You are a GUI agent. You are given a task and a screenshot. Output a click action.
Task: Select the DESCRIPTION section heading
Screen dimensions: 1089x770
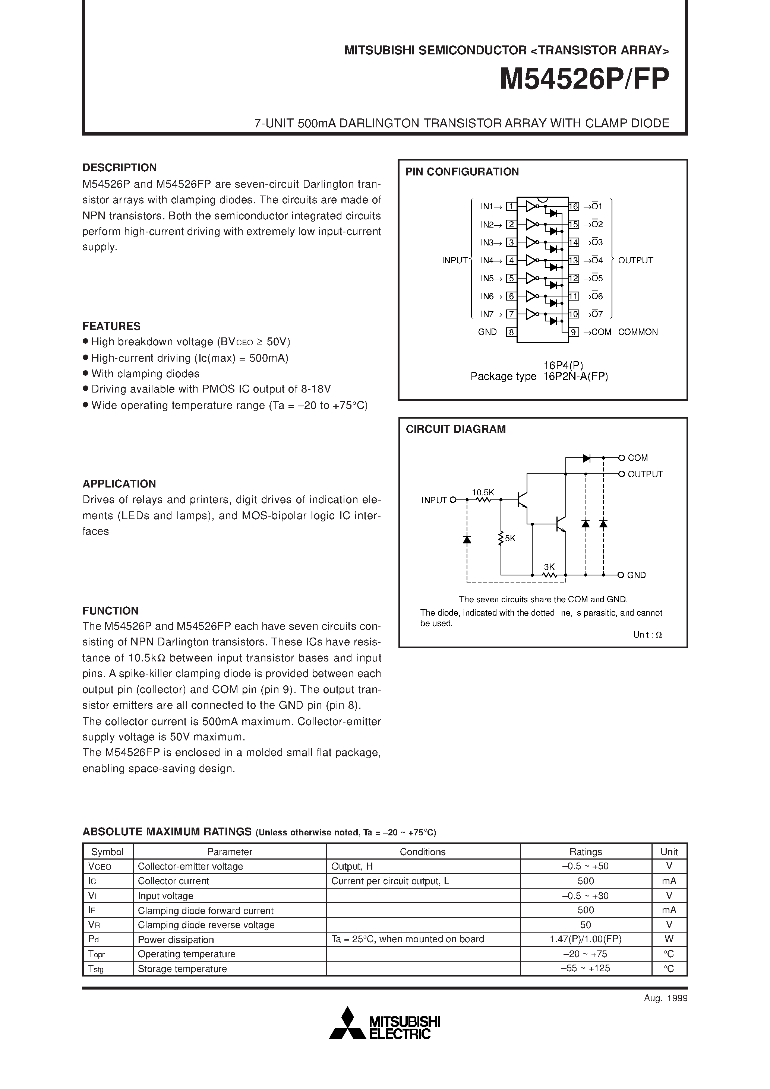119,168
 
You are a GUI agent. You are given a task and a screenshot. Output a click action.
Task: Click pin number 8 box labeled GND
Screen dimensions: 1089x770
511,332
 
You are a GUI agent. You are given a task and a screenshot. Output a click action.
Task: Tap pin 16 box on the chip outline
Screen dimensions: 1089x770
574,206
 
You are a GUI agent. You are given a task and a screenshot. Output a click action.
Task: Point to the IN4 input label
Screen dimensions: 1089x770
487,260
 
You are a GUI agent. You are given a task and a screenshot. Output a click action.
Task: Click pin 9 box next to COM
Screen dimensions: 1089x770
574,332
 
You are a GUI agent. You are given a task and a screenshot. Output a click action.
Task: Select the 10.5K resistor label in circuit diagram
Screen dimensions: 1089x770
483,492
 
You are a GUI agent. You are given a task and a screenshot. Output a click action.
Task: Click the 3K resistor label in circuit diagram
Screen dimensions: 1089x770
549,567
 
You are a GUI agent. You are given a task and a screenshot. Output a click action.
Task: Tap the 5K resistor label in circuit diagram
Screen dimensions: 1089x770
510,538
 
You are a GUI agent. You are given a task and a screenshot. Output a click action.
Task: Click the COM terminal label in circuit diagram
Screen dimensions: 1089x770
638,458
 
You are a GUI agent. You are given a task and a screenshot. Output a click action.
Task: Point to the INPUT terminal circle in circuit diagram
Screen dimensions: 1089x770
452,499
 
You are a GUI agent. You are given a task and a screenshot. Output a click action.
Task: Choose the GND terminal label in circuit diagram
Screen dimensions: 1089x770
636,575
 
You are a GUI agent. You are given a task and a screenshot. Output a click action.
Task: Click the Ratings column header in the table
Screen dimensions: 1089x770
586,851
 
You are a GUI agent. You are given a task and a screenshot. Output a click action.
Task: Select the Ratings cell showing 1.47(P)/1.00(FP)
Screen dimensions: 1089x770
586,939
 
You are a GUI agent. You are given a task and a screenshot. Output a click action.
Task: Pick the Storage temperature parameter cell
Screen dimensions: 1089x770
182,969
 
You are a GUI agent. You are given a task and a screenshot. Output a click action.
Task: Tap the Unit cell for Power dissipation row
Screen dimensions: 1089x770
669,939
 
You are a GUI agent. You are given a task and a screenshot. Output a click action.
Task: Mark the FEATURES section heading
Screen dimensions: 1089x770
111,326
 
